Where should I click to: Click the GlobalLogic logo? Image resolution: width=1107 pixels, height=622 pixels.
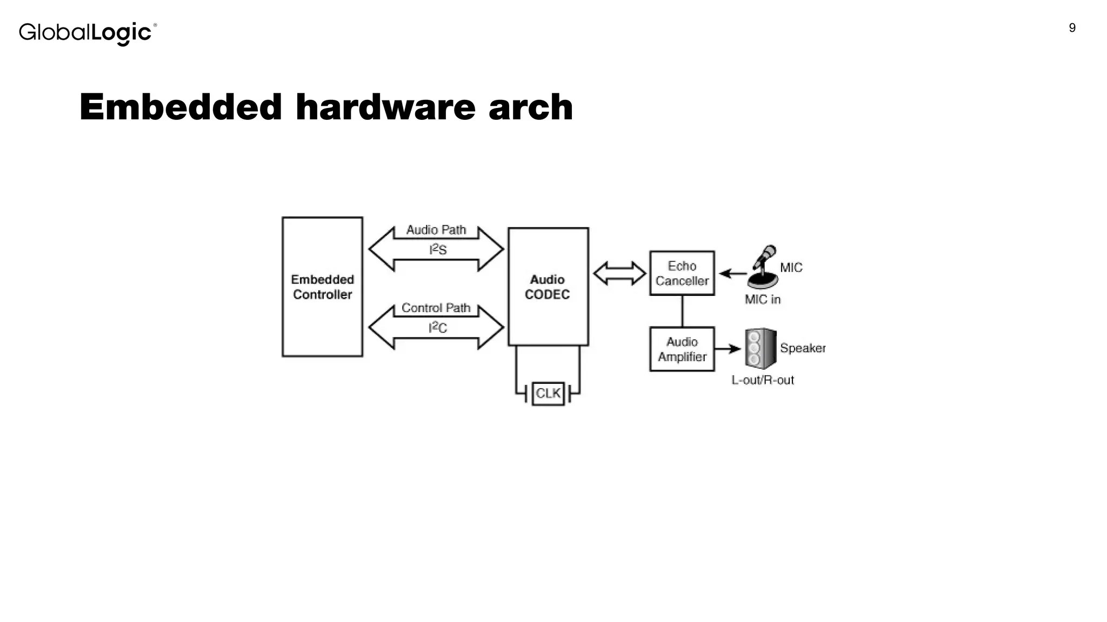pyautogui.click(x=88, y=33)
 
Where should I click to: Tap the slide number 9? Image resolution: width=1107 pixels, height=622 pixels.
pyautogui.click(x=1072, y=28)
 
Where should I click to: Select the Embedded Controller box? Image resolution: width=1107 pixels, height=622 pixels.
pyautogui.click(x=322, y=287)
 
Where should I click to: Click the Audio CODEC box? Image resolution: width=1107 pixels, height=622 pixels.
pyautogui.click(x=548, y=287)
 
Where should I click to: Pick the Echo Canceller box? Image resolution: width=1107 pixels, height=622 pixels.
pyautogui.click(x=682, y=273)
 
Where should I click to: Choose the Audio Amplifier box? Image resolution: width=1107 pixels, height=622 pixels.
pyautogui.click(x=682, y=349)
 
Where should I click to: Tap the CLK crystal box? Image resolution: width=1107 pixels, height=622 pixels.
pyautogui.click(x=548, y=393)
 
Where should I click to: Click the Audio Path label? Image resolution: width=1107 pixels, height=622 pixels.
pyautogui.click(x=436, y=230)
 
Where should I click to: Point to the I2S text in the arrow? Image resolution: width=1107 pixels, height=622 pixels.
pyautogui.click(x=438, y=249)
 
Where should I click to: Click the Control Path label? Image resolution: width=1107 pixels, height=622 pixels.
pyautogui.click(x=436, y=308)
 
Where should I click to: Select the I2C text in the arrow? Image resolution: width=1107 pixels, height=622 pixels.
pyautogui.click(x=438, y=327)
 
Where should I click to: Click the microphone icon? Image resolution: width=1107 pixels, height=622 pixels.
pyautogui.click(x=763, y=267)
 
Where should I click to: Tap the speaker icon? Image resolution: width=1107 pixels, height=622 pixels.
pyautogui.click(x=760, y=349)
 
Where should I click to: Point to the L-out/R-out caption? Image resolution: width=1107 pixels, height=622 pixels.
pyautogui.click(x=762, y=380)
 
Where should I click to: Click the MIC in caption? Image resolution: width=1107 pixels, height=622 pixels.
pyautogui.click(x=762, y=300)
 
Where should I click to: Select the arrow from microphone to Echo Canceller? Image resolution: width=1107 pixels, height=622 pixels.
pyautogui.click(x=732, y=274)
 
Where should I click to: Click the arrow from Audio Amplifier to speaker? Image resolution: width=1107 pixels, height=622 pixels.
pyautogui.click(x=728, y=349)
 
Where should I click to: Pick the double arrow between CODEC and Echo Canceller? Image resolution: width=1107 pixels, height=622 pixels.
pyautogui.click(x=619, y=273)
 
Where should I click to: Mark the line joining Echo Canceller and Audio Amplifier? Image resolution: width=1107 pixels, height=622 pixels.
pyautogui.click(x=682, y=311)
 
